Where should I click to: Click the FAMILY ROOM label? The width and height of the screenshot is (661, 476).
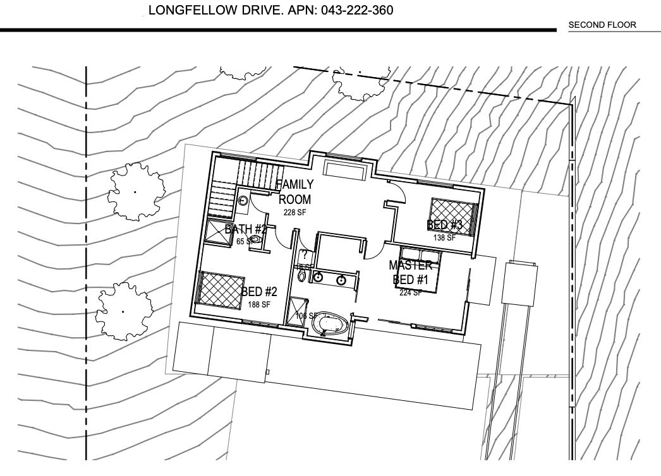295,192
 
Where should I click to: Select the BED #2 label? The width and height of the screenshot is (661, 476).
259,292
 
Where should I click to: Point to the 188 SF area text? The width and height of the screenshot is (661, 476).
259,304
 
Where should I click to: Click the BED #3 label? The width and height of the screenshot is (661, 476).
445,225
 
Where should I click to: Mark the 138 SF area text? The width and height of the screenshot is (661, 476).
444,238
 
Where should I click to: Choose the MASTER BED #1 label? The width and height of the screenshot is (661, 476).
411,272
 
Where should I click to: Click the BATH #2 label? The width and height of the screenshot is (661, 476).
246,229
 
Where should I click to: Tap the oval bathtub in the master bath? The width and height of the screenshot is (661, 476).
329,323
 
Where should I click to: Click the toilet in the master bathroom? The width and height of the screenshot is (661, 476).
301,276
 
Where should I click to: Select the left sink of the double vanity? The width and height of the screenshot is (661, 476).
318,277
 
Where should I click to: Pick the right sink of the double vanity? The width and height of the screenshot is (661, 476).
342,280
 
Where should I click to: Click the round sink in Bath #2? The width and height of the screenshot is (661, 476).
243,201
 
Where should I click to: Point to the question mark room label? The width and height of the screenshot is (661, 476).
304,255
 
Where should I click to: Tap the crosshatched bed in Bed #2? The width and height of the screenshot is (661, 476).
221,290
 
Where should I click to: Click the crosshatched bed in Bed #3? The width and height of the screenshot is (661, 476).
452,217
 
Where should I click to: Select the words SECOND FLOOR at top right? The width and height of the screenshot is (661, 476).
602,25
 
